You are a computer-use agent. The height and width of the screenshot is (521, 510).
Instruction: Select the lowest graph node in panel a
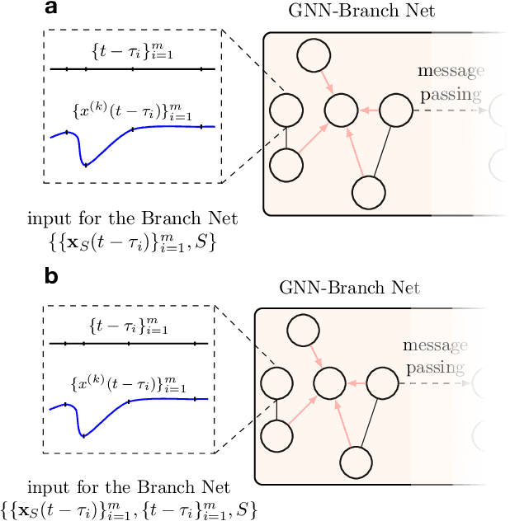(368, 193)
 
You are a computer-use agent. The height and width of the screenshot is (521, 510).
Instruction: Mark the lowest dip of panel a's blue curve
(85, 164)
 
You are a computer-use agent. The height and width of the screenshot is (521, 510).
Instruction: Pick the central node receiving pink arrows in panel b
(328, 383)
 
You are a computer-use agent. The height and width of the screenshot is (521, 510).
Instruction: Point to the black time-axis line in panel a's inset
(133, 68)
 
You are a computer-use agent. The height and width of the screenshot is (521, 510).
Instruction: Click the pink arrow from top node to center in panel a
(327, 83)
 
